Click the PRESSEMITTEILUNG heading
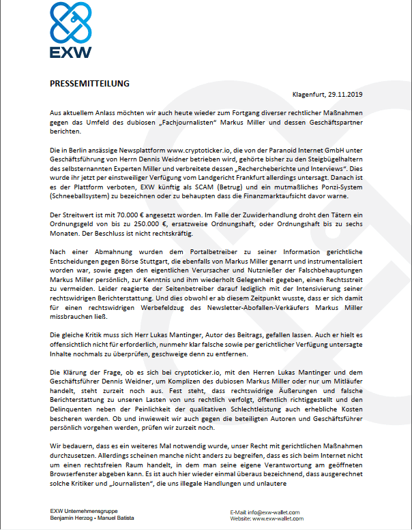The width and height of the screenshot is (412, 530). coord(89,84)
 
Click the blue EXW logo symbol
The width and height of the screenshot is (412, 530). coord(70,22)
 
